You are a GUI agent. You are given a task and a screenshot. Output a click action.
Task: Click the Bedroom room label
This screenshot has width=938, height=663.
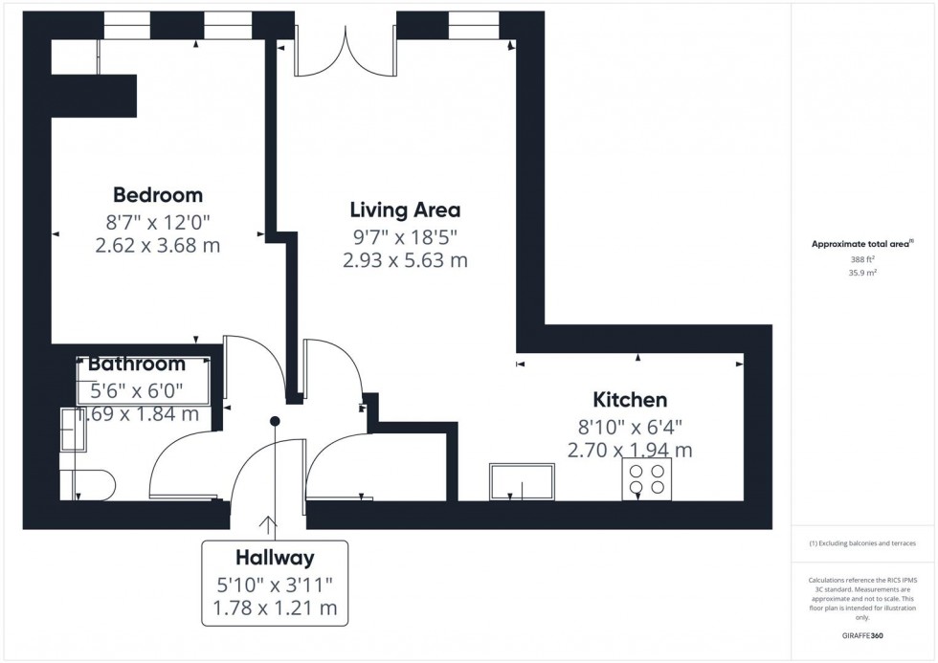click(158, 195)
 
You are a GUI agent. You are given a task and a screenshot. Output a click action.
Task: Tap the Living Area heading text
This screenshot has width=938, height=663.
click(405, 210)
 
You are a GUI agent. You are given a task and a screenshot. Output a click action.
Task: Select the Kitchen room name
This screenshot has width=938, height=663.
click(630, 400)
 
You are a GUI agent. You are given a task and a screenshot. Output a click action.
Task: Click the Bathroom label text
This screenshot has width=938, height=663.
click(137, 365)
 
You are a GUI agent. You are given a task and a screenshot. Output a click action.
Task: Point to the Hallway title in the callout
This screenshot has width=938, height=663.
click(275, 558)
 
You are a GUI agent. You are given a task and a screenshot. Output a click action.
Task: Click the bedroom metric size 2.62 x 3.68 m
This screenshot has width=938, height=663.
click(158, 246)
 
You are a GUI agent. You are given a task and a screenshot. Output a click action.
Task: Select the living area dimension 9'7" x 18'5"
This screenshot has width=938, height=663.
click(405, 235)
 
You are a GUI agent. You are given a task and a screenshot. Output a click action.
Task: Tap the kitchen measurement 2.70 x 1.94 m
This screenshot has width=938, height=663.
click(630, 450)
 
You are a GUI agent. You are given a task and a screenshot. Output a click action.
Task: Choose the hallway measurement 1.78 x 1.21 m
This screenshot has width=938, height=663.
click(275, 607)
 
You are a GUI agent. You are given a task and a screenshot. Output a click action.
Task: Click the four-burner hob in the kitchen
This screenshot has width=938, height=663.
click(647, 478)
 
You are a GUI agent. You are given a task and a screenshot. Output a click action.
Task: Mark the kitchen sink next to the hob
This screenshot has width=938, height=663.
click(522, 481)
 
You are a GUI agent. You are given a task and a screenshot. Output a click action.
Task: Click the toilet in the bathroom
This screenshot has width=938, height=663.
click(91, 484)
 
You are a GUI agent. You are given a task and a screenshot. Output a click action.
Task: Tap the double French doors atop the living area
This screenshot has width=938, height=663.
click(346, 50)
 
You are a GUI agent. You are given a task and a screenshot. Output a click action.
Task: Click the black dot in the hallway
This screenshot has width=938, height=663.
click(275, 421)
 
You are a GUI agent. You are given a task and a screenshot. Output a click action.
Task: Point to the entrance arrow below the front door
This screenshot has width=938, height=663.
click(267, 524)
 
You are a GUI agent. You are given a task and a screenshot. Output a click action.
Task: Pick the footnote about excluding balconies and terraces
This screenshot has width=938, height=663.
click(861, 543)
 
